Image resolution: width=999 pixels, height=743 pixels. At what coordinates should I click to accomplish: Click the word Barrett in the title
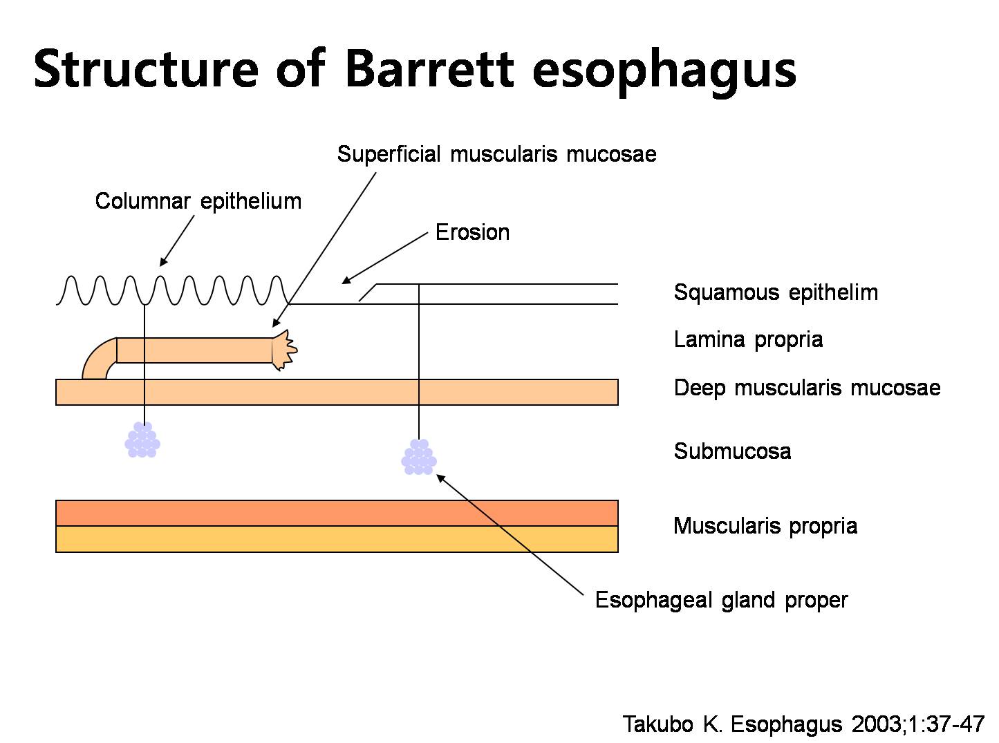click(x=429, y=69)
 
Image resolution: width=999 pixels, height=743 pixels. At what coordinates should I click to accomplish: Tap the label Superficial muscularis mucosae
click(x=496, y=154)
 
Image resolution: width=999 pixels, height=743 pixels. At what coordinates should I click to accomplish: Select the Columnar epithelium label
click(x=198, y=201)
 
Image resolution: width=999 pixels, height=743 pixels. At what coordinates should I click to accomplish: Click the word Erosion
click(x=472, y=232)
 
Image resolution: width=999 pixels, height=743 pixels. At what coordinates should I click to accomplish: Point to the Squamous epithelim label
click(x=776, y=292)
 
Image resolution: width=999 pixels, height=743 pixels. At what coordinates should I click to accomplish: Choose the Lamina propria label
click(x=748, y=339)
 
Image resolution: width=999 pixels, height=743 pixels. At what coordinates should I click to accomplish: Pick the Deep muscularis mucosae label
click(x=807, y=388)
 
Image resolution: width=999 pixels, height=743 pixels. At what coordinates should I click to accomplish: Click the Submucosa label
click(x=732, y=451)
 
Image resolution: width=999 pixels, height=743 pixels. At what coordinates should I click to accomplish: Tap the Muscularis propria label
click(x=765, y=526)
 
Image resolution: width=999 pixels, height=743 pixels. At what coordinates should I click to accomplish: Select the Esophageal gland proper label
click(x=721, y=600)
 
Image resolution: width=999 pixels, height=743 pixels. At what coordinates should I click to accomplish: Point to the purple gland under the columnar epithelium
click(x=142, y=440)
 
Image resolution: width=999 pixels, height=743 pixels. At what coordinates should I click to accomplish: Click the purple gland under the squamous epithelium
click(x=419, y=457)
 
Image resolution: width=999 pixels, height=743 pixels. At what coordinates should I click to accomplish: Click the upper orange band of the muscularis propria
click(x=337, y=513)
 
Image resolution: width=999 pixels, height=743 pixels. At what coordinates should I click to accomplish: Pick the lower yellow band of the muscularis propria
click(x=337, y=539)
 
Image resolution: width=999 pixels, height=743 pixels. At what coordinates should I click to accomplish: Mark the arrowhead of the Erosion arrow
click(x=346, y=280)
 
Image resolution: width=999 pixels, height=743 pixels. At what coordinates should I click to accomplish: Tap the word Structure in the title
click(x=146, y=69)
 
